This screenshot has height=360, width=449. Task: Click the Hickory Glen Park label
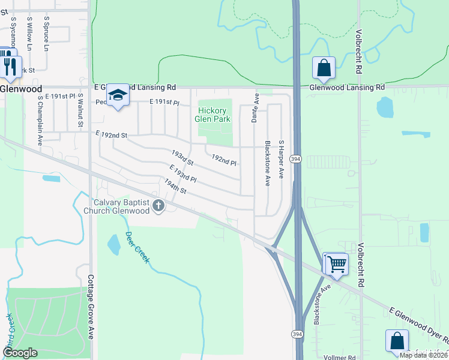click(212, 115)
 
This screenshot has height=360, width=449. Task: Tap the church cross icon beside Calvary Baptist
click(158, 206)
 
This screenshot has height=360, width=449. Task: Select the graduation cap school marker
click(118, 95)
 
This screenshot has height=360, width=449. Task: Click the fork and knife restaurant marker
click(10, 65)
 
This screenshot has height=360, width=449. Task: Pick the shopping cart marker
click(336, 263)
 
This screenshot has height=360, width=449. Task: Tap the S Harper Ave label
click(280, 160)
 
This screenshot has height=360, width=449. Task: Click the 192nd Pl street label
click(224, 160)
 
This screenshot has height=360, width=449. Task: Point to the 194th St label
click(176, 186)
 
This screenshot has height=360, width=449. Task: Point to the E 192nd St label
click(112, 136)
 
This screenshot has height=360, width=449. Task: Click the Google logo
click(20, 353)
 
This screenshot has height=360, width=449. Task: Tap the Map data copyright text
click(423, 355)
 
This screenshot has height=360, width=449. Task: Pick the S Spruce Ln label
click(46, 32)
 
